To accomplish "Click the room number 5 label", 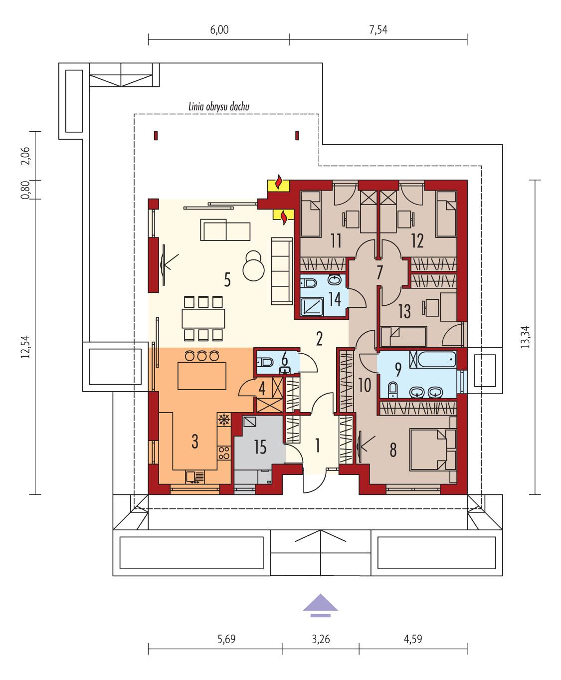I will point(227,280).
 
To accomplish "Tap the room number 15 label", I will point(259,447).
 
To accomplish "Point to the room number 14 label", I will point(334,299).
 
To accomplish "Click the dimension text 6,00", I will point(219,30).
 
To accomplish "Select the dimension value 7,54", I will point(378,30).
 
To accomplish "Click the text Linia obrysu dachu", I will point(218,106).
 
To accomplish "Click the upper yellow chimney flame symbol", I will point(279,183).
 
